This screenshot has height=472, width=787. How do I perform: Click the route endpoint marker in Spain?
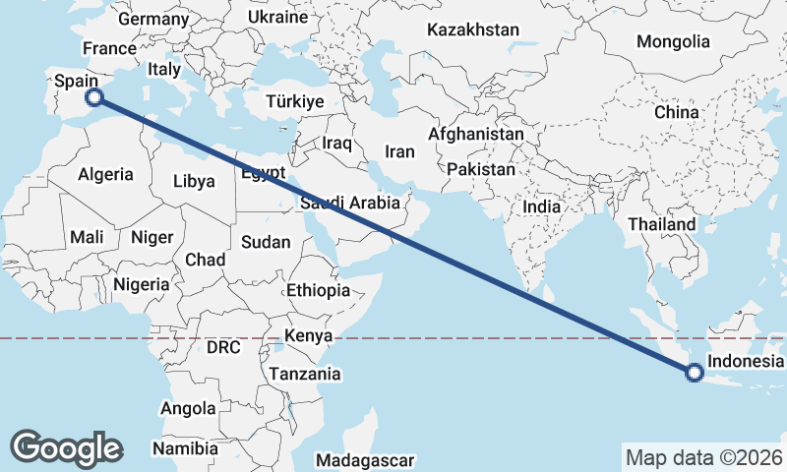point(94,96)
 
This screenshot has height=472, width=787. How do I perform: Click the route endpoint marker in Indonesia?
point(695,372)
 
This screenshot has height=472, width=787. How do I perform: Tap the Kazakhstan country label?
point(472,30)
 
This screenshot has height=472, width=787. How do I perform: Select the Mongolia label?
point(673,41)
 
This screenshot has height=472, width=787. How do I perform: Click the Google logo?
point(66,447)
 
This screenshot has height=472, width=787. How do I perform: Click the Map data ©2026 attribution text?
point(703,457)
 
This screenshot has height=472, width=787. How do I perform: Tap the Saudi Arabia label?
point(351,204)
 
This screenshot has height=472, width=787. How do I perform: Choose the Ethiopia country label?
point(318,290)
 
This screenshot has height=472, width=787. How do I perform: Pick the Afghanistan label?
point(476,133)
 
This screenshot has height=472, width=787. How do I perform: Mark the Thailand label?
point(662,224)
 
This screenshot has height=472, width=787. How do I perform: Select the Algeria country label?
point(105,174)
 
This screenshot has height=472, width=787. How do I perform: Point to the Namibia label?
point(185,448)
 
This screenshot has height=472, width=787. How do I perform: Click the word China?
point(676,112)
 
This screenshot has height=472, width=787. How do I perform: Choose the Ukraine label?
point(276,18)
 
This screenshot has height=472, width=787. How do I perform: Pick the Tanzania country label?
point(304,374)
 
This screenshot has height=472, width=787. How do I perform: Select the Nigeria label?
point(142,284)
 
